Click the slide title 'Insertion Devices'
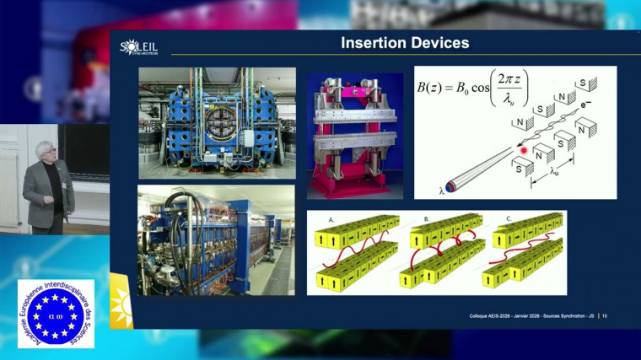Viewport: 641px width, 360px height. (404, 43)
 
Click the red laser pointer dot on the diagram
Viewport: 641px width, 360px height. (524, 151)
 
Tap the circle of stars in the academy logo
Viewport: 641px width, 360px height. (56, 314)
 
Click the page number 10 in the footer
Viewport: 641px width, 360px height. (605, 316)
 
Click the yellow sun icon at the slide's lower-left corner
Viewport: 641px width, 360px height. (121, 303)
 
